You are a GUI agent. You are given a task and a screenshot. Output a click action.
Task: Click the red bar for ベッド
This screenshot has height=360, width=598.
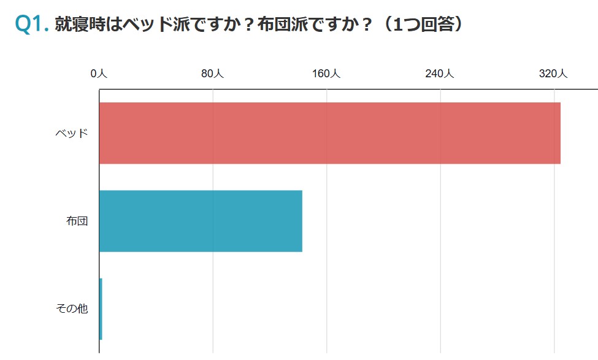[x=329, y=133]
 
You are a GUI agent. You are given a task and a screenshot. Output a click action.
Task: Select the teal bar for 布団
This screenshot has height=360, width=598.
[x=201, y=221]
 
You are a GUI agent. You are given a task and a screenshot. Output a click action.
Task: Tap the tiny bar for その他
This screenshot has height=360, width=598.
[x=101, y=308]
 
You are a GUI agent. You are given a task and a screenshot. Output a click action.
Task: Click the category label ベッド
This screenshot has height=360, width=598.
[x=72, y=133]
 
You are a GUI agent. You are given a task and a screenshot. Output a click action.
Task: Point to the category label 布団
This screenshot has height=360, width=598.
[x=77, y=221]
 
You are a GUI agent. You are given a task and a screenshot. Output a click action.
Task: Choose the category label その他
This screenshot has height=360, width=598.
[x=72, y=309]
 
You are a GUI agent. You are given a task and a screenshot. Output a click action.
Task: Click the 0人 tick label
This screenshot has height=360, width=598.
[x=99, y=74]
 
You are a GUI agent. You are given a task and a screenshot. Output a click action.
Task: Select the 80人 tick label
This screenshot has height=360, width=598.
[x=212, y=74]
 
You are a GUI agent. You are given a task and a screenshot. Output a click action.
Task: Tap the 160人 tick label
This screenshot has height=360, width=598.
[x=326, y=74]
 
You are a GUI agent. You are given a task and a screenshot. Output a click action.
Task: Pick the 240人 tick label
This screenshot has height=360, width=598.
[x=440, y=74]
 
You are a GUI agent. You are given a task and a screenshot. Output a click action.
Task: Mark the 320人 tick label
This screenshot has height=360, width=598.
[x=553, y=74]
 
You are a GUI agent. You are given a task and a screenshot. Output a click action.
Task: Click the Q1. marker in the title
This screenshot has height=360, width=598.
[x=31, y=24]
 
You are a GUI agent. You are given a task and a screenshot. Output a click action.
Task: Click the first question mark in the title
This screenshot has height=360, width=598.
[x=247, y=24]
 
